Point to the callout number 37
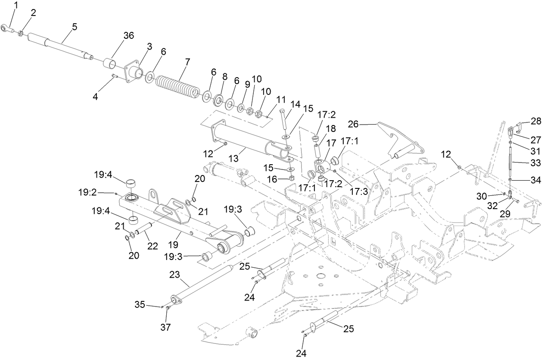[165, 327]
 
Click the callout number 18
[330, 128]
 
